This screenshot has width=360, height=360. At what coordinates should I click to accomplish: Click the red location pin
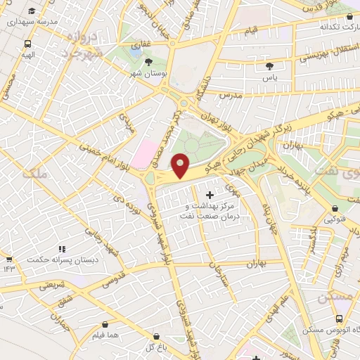[x=181, y=165]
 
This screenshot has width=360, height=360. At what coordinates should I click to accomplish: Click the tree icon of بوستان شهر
[x=148, y=61]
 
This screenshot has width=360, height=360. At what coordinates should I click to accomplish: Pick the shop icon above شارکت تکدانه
[x=350, y=15]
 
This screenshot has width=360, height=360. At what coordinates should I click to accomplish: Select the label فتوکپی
[x=334, y=219]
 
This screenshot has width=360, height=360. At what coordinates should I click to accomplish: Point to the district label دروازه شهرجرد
[x=83, y=43]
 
